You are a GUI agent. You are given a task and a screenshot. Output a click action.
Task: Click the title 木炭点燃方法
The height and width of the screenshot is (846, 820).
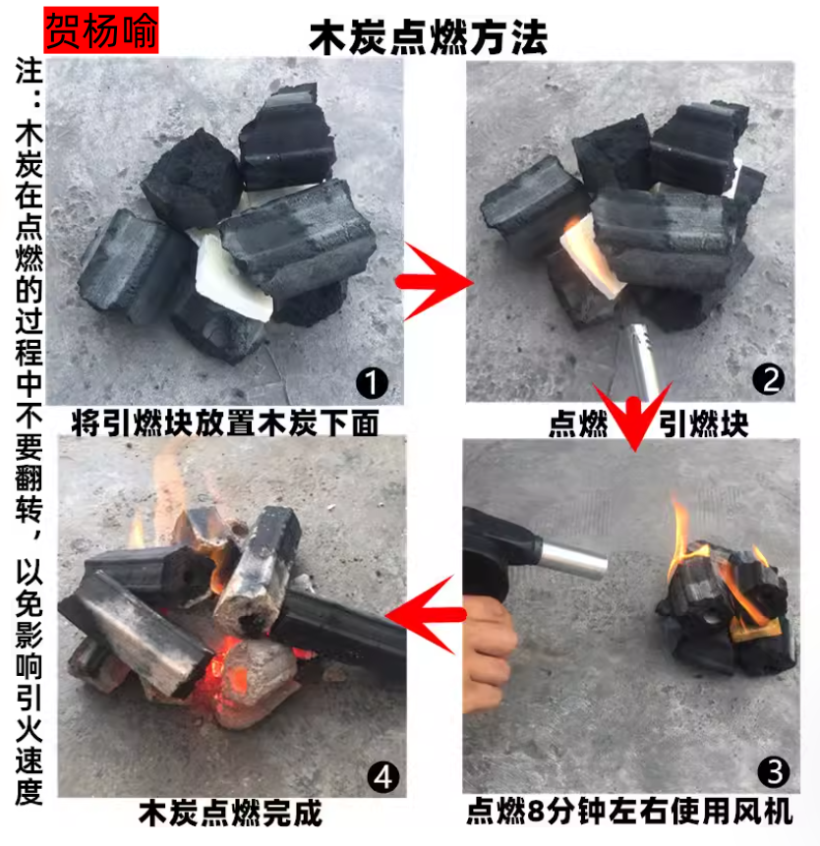[x=428, y=37]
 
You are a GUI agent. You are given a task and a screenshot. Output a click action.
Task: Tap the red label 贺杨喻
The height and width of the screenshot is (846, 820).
[x=101, y=30]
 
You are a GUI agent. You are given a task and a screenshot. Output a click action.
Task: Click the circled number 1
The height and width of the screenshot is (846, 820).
[x=372, y=382]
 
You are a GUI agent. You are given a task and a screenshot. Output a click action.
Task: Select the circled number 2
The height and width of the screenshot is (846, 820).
[x=768, y=379]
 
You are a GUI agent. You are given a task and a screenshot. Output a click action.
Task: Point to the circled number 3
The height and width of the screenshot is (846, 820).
[x=774, y=771]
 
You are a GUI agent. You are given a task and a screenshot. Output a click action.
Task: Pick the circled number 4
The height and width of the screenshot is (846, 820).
[x=382, y=777]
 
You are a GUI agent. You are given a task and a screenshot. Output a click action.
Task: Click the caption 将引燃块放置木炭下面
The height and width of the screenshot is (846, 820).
[x=225, y=423]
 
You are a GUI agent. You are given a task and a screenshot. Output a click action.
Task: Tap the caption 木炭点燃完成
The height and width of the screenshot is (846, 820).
[x=230, y=814]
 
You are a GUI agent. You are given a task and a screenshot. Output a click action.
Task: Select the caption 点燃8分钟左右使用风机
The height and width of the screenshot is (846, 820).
[x=629, y=811]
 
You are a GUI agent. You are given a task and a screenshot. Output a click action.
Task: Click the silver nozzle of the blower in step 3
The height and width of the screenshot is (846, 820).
[x=572, y=561]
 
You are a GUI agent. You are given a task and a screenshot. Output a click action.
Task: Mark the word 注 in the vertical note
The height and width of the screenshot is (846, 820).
[x=29, y=71]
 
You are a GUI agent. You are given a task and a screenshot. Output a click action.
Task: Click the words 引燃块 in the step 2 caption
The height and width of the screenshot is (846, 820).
[x=703, y=423]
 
